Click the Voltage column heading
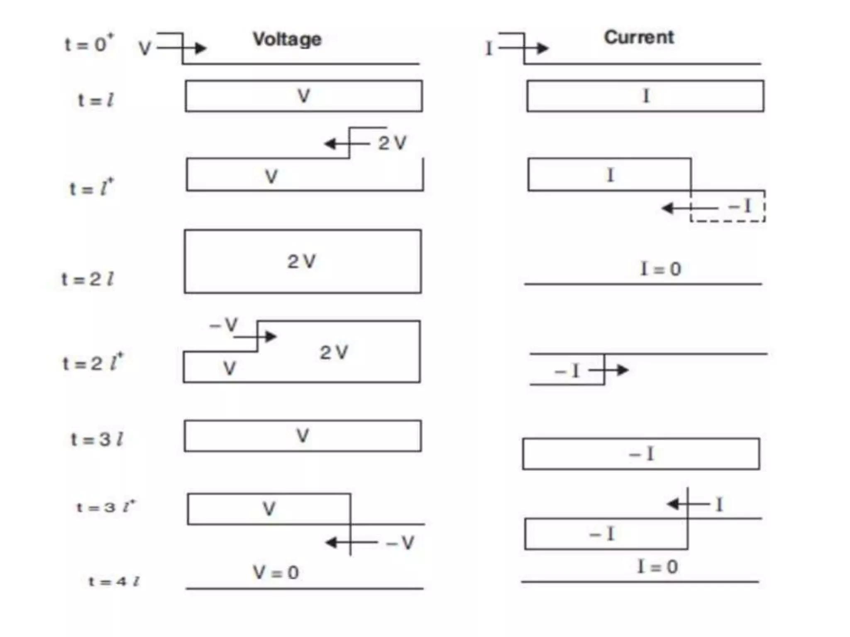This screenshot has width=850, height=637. pos(287,40)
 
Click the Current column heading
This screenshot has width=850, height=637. pos(639,38)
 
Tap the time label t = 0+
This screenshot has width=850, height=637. pos(89,44)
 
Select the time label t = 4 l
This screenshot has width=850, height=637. pos(114,581)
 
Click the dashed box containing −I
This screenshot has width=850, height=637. pos(728,207)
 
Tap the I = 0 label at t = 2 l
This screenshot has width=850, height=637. pos(661,269)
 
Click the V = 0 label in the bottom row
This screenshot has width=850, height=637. pos(276,573)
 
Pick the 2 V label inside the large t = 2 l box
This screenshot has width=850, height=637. pos(302,262)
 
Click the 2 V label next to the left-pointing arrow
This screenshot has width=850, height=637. pos(392,143)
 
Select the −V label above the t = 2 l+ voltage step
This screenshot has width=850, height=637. pos(224,325)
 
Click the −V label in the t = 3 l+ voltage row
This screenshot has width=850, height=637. pos(400,542)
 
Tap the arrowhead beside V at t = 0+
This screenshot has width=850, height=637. pos(200,49)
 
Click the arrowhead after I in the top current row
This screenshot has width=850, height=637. pos(542,49)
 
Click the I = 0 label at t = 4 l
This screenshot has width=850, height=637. pos(658,566)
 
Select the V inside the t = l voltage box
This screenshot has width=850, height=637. pos(304,96)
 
